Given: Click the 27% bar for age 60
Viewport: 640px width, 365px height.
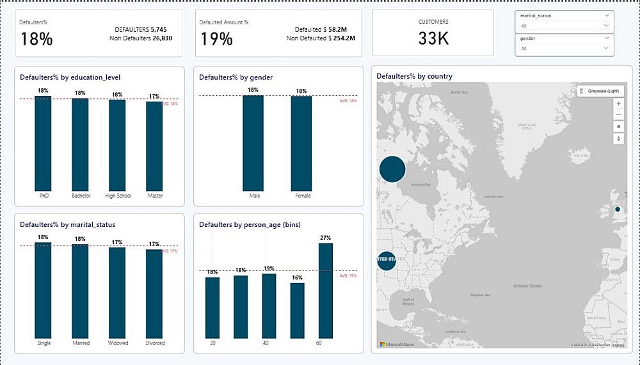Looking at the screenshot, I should [326, 291].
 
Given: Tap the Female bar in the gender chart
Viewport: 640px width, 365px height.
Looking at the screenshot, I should [301, 143].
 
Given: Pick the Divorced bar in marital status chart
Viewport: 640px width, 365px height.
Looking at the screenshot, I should [154, 293].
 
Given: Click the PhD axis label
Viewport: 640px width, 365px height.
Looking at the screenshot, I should [44, 196].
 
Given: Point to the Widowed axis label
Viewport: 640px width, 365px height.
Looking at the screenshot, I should [118, 343].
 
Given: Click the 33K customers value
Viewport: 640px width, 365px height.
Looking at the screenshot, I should [433, 38].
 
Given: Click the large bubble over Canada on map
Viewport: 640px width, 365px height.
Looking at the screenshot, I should [392, 169].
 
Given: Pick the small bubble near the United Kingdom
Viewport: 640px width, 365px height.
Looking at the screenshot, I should [618, 209].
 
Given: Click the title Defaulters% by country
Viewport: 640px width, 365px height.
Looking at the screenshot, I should [414, 76].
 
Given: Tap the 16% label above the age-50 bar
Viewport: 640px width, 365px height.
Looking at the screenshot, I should [297, 278].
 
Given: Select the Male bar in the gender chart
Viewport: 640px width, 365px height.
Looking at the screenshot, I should [253, 143].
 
